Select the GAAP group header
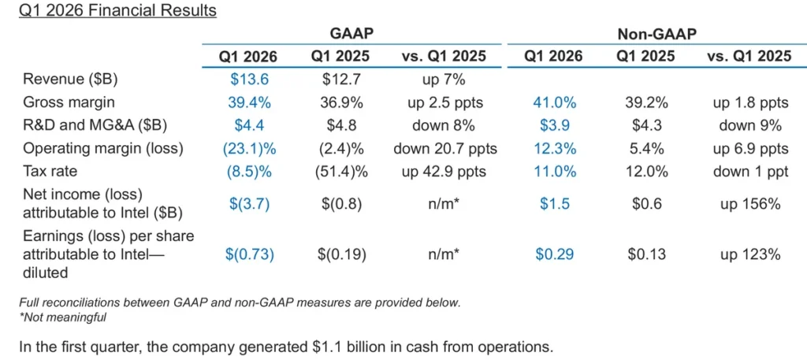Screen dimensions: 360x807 (x=351, y=33)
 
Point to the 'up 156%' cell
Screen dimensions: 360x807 (x=749, y=205)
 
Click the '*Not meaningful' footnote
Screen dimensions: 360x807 (x=62, y=317)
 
